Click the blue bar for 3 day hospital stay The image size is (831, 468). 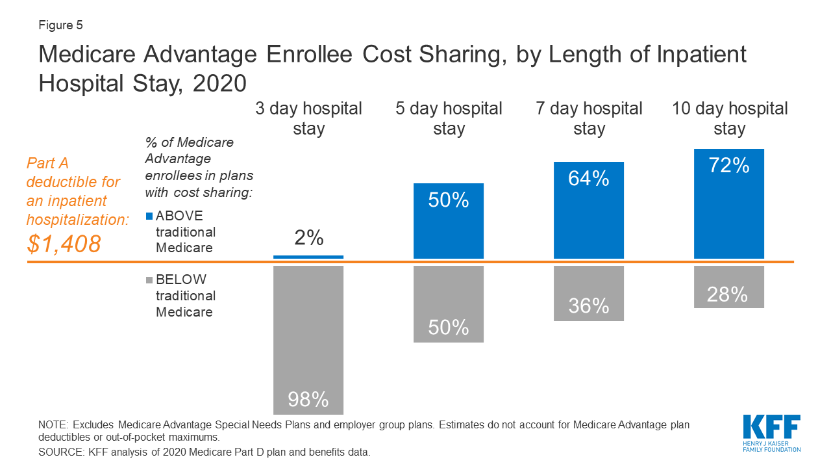tap(308, 257)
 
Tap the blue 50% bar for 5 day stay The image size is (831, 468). tap(449, 221)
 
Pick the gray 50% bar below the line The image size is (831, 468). tap(449, 304)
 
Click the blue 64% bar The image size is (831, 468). tap(589, 210)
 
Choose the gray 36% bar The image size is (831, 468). tap(589, 292)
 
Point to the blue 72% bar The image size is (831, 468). tap(729, 203)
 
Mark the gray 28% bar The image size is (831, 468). tap(729, 286)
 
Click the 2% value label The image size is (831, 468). tap(308, 238)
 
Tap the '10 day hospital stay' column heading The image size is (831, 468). tap(730, 118)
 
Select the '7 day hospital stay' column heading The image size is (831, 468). tap(589, 118)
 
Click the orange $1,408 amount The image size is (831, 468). tap(64, 244)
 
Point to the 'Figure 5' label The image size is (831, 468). tap(61, 26)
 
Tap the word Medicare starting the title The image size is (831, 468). tap(86, 55)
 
